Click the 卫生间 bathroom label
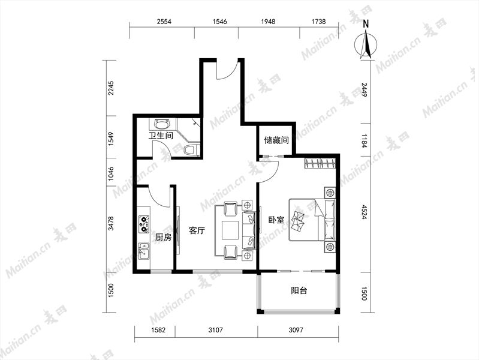[x=161, y=136]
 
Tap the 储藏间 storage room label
[x=276, y=140]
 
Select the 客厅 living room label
[x=197, y=230]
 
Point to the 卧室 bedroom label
[x=276, y=220]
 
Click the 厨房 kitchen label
[x=164, y=237]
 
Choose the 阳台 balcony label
[x=299, y=290]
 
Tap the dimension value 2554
[x=164, y=22]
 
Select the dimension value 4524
[x=364, y=212]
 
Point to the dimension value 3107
[x=216, y=330]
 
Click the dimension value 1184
[x=364, y=140]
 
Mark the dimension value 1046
[x=111, y=173]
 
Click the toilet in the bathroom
[x=191, y=150]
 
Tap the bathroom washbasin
[x=161, y=124]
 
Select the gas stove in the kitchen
[x=144, y=223]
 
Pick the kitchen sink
[x=143, y=250]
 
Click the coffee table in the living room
[x=230, y=230]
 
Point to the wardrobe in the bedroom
[x=320, y=163]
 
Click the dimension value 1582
[x=158, y=330]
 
